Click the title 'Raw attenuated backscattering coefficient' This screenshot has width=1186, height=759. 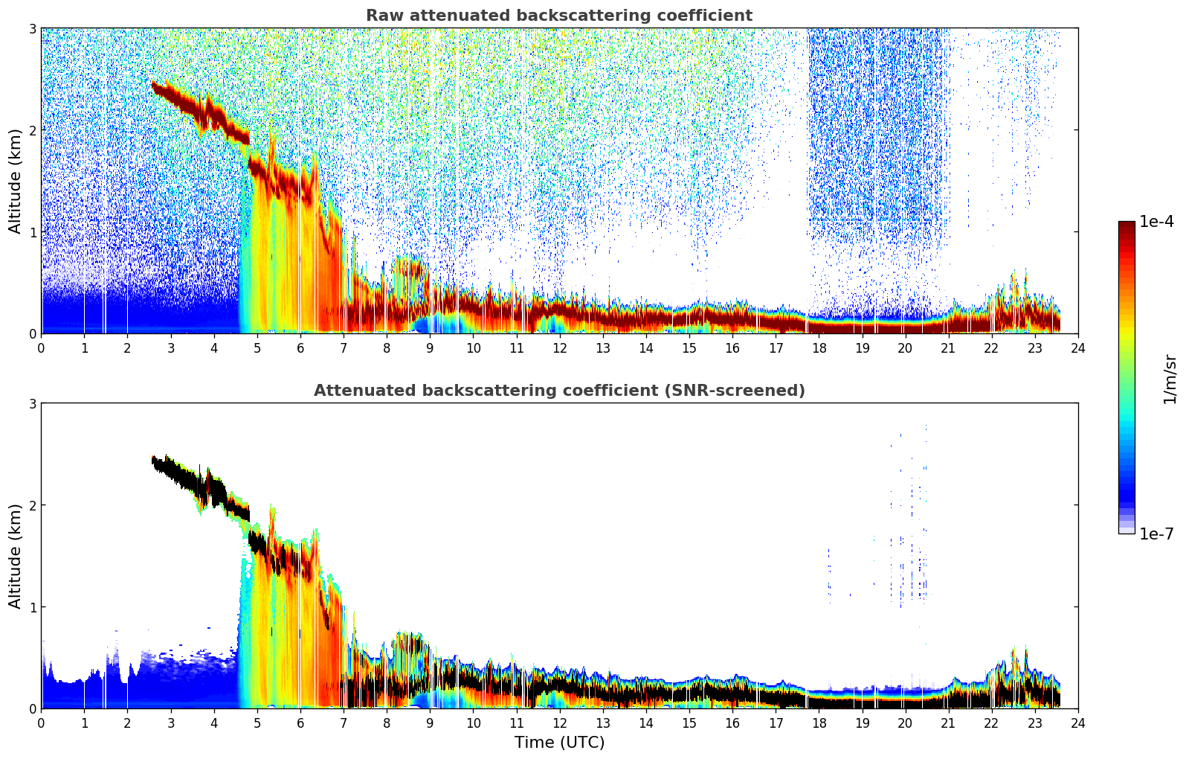(x=559, y=16)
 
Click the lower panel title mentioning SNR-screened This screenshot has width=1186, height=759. (x=559, y=391)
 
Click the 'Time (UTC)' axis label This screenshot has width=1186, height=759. (x=559, y=743)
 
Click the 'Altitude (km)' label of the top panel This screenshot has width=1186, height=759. (x=15, y=182)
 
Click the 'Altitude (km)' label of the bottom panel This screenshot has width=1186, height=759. (x=15, y=557)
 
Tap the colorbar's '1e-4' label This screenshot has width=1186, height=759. (x=1156, y=222)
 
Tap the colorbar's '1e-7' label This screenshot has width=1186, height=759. (x=1156, y=534)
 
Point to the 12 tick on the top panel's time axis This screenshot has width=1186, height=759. (x=560, y=348)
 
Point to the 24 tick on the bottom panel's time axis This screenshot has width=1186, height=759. (x=1078, y=723)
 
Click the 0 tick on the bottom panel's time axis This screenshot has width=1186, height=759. (x=42, y=723)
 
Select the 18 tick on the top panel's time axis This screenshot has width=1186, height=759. (x=819, y=348)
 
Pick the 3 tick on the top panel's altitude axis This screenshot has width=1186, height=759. (x=32, y=28)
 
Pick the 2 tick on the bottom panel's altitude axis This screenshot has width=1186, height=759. (x=32, y=505)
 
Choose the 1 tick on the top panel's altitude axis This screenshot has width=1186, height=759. (x=32, y=232)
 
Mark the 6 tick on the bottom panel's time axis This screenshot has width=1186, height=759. (x=300, y=723)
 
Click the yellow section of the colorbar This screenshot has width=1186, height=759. (x=1127, y=334)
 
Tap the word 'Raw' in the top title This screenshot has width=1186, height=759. (x=385, y=16)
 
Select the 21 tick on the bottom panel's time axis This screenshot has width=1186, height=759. (x=948, y=723)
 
